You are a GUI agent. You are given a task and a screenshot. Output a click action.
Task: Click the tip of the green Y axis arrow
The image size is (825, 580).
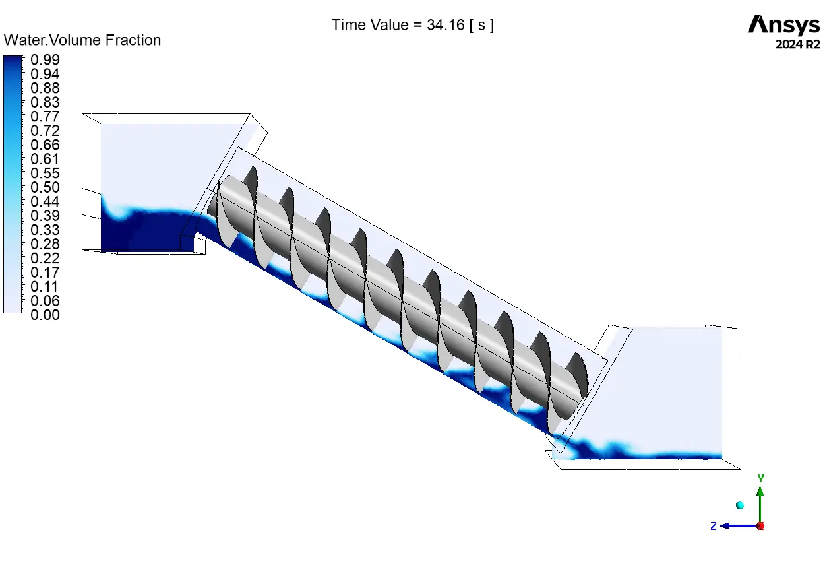coord(760,487)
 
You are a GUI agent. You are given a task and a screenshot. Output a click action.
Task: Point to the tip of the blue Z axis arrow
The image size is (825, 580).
coord(720,526)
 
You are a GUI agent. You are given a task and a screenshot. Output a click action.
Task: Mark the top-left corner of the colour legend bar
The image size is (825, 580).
coord(4,55)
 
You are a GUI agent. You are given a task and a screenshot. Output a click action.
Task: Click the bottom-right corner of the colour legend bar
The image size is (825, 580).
coord(22,313)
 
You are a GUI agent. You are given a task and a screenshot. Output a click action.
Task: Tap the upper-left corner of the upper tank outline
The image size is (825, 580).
coord(82,114)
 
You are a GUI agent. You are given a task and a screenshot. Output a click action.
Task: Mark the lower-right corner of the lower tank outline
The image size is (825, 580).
coord(741,469)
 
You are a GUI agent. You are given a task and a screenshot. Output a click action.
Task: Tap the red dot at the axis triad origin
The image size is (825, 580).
coord(760,526)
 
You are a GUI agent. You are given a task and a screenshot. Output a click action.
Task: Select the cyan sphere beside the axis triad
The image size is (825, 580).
coord(739,505)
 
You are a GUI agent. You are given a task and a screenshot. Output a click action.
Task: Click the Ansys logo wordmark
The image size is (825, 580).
coord(783,24)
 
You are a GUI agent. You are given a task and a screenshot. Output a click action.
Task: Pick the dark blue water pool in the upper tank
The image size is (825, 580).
coord(147,230)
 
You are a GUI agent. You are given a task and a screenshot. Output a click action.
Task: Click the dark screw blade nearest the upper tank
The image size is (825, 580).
coord(251,180)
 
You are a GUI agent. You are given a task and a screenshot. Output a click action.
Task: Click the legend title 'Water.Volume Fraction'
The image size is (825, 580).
coord(82,40)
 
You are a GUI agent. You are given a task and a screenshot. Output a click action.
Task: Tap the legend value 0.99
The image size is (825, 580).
coord(45,59)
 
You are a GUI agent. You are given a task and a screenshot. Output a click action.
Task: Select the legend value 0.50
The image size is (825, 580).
coord(45,187)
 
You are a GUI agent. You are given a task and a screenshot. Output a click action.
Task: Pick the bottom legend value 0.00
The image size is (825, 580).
coord(45,315)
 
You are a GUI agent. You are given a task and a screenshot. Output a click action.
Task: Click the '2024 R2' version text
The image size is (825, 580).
coord(798,44)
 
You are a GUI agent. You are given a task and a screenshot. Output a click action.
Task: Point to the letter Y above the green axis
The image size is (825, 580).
coord(761,478)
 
